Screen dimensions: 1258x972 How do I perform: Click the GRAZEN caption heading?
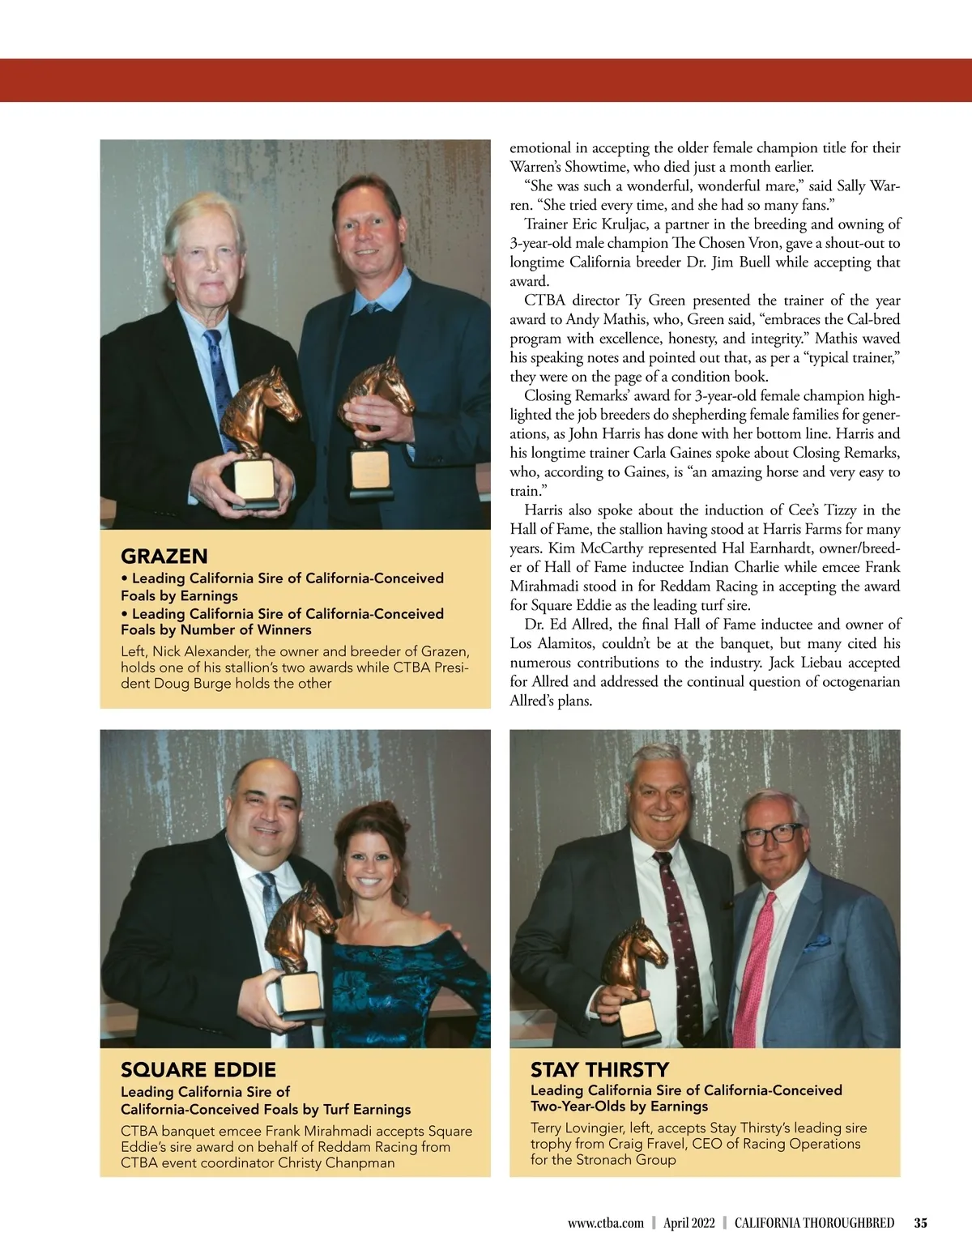point(164,557)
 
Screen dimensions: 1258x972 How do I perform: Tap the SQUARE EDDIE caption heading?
point(198,1069)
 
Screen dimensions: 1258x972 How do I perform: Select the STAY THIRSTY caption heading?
point(599,1069)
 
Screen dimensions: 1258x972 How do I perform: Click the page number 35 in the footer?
point(920,1223)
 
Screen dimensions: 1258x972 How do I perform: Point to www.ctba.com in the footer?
point(605,1223)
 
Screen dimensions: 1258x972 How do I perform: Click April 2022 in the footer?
point(688,1223)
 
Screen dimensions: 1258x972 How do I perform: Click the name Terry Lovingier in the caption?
point(577,1128)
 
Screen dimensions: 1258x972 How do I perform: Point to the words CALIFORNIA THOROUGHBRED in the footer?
point(814,1223)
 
